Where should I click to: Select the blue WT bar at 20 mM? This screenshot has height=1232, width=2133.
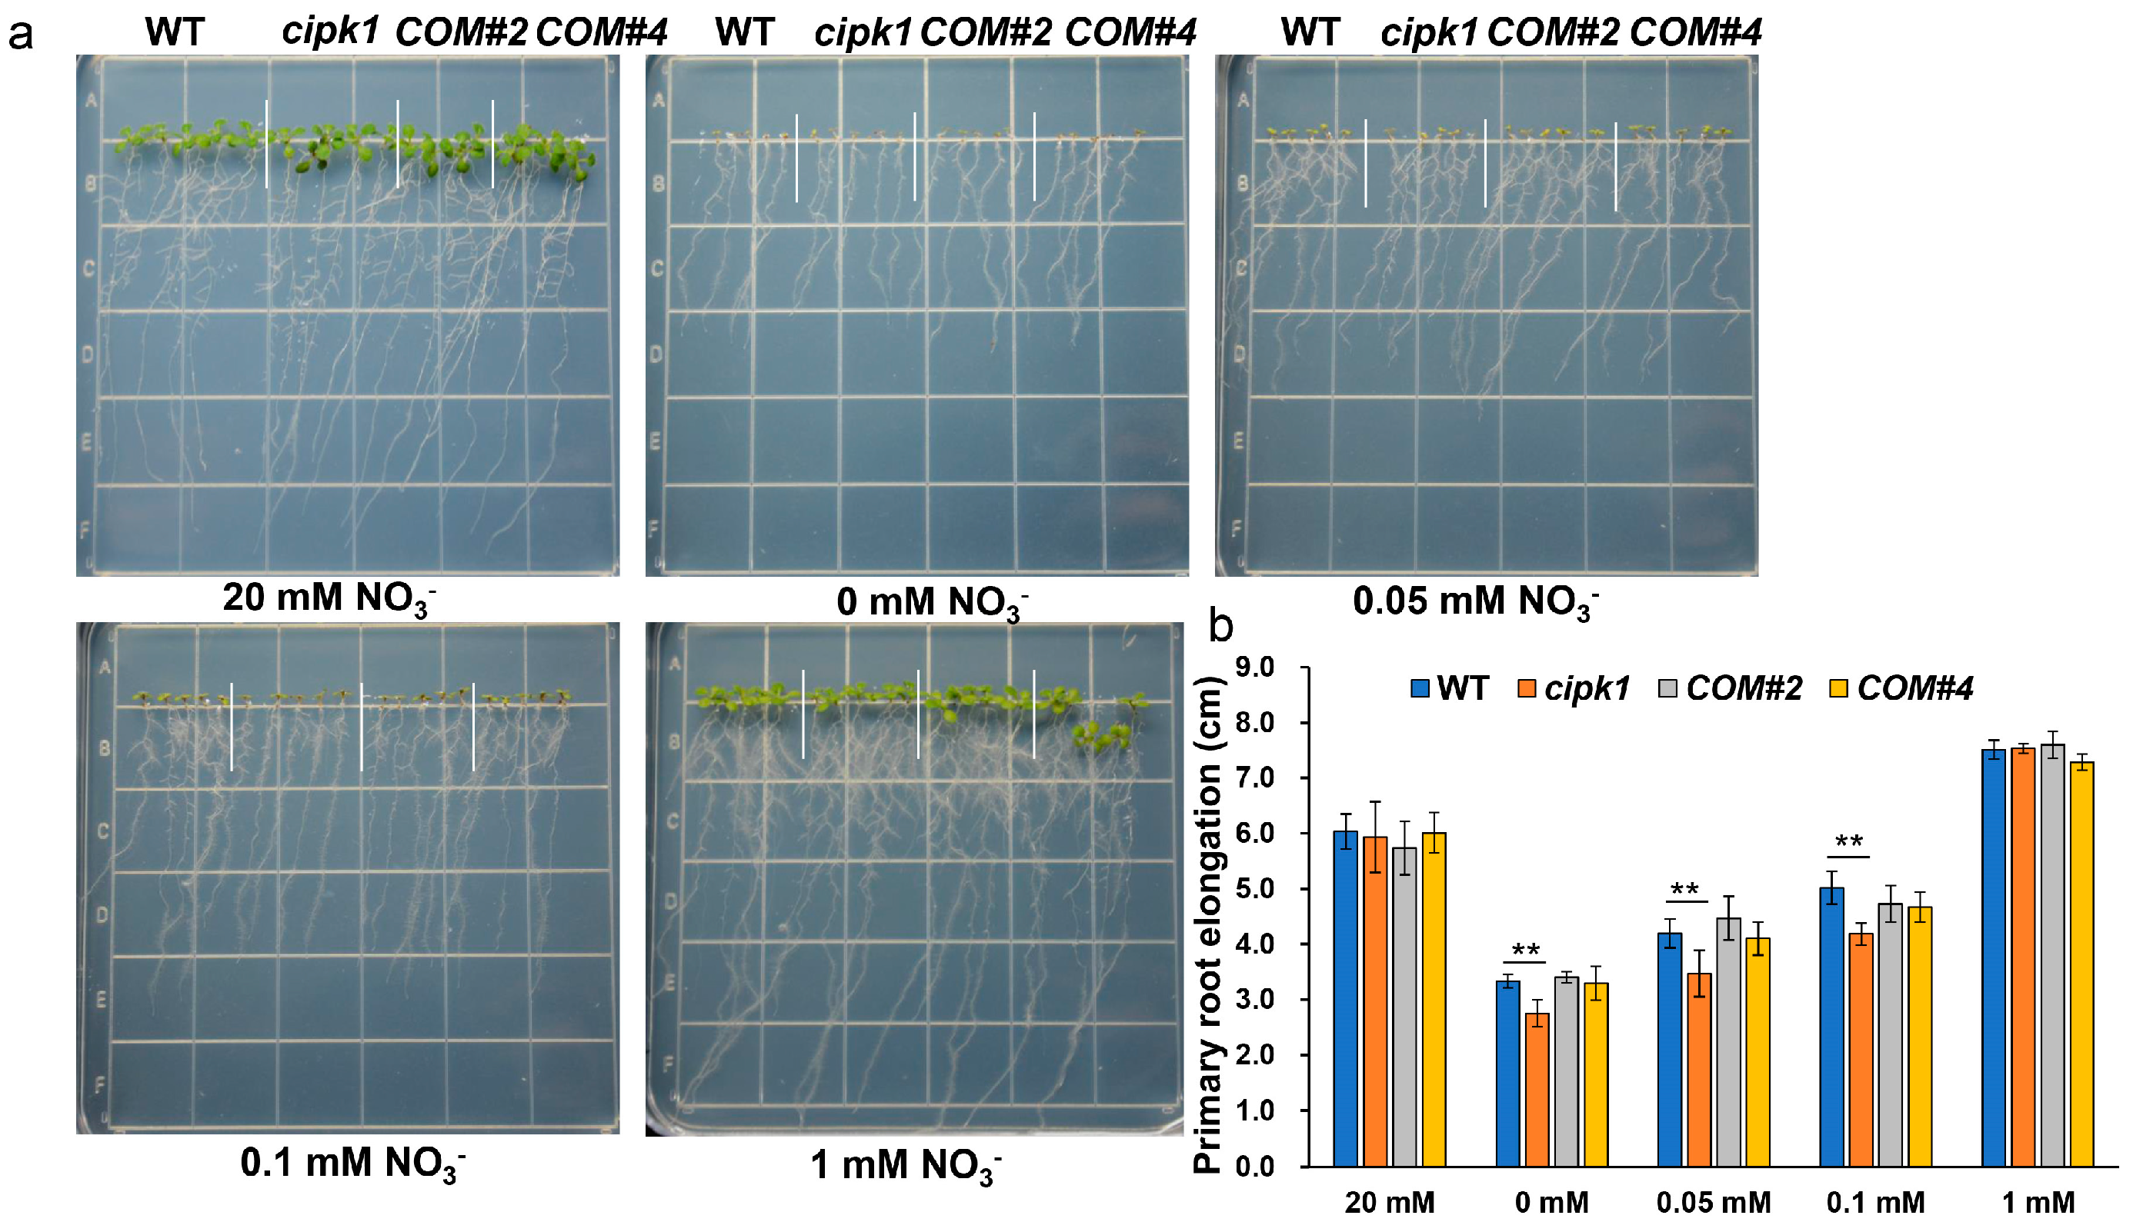pyautogui.click(x=1345, y=998)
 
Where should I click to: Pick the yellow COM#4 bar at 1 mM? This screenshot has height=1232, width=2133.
pyautogui.click(x=2081, y=964)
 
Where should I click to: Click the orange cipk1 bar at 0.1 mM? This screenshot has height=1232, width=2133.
pyautogui.click(x=1861, y=1049)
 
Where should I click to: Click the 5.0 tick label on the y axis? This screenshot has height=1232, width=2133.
pyautogui.click(x=1254, y=889)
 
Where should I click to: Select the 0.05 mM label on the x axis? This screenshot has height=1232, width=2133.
pyautogui.click(x=1713, y=1202)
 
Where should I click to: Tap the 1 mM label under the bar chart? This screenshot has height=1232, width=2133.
pyautogui.click(x=2038, y=1202)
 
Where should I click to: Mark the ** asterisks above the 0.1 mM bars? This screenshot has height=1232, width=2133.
pyautogui.click(x=1848, y=843)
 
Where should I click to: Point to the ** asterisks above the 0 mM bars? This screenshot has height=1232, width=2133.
pyautogui.click(x=1525, y=951)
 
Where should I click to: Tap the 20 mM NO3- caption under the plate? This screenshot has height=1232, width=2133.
pyautogui.click(x=329, y=599)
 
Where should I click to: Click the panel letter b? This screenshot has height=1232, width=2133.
pyautogui.click(x=1220, y=625)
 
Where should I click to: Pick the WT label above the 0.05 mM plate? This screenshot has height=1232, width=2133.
pyautogui.click(x=1310, y=32)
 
